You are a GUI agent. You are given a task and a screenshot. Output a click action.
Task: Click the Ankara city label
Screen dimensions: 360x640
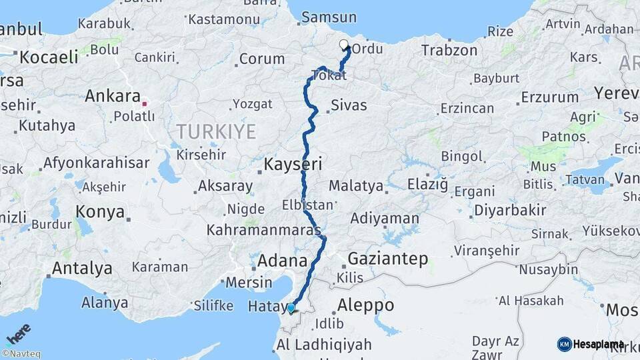pos(112,96)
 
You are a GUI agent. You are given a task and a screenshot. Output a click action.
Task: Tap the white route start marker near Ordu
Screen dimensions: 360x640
pos(344,45)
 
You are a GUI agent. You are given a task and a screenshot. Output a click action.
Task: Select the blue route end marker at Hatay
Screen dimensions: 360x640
pos(291,308)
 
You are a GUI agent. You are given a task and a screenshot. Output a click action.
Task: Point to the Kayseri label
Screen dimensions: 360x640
pos(293,163)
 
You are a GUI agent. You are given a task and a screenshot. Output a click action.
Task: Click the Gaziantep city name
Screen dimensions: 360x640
pos(387,259)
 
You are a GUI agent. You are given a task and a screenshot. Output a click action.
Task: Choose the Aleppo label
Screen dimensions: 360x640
pos(365,305)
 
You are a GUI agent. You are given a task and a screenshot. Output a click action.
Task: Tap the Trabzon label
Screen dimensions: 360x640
pos(449,50)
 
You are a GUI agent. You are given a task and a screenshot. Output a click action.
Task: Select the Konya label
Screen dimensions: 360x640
pos(100,212)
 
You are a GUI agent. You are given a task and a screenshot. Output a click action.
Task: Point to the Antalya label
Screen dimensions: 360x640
pos(82,269)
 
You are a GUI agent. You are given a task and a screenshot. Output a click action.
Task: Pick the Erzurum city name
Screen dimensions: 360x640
pos(549,97)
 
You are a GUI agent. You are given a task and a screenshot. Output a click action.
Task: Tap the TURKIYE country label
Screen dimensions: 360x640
pos(216,131)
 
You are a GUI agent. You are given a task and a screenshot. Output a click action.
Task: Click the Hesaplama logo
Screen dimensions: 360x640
pos(591,344)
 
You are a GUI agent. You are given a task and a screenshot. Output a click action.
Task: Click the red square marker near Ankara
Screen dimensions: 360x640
pos(144,104)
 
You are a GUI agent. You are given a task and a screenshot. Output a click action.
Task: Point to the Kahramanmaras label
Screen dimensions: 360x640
pos(265,230)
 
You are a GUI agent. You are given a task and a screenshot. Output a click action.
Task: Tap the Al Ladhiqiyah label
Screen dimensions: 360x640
pos(323,345)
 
